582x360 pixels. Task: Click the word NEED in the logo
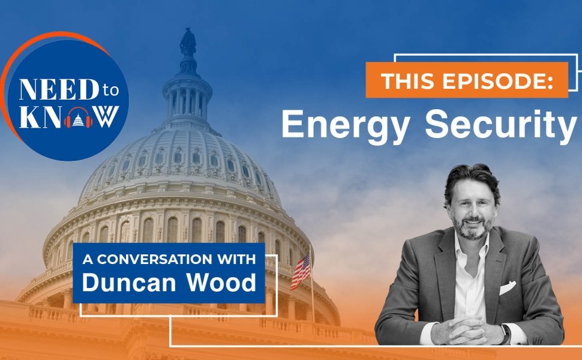pyautogui.click(x=50, y=90)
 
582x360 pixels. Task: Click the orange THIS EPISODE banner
pyautogui.click(x=466, y=80)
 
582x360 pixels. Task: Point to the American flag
pyautogui.click(x=300, y=270)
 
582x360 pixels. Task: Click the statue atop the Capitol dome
pyautogui.click(x=188, y=43)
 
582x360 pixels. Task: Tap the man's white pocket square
pyautogui.click(x=507, y=287)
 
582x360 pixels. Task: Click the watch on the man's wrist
pyautogui.click(x=505, y=332)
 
